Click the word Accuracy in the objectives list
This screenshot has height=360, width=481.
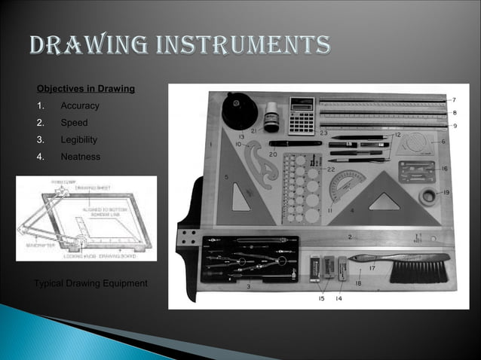pyautogui.click(x=80, y=106)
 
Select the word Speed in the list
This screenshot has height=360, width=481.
pyautogui.click(x=75, y=123)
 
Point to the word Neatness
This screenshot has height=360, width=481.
pyautogui.click(x=80, y=157)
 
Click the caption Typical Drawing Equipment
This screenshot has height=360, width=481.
pyautogui.click(x=91, y=283)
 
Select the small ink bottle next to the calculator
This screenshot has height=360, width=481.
pyautogui.click(x=271, y=117)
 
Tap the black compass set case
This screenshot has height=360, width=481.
pyautogui.click(x=247, y=259)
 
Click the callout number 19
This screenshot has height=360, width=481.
pyautogui.click(x=448, y=193)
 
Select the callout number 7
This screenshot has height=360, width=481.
pyautogui.click(x=453, y=99)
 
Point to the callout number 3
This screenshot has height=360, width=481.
pyautogui.click(x=250, y=287)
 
